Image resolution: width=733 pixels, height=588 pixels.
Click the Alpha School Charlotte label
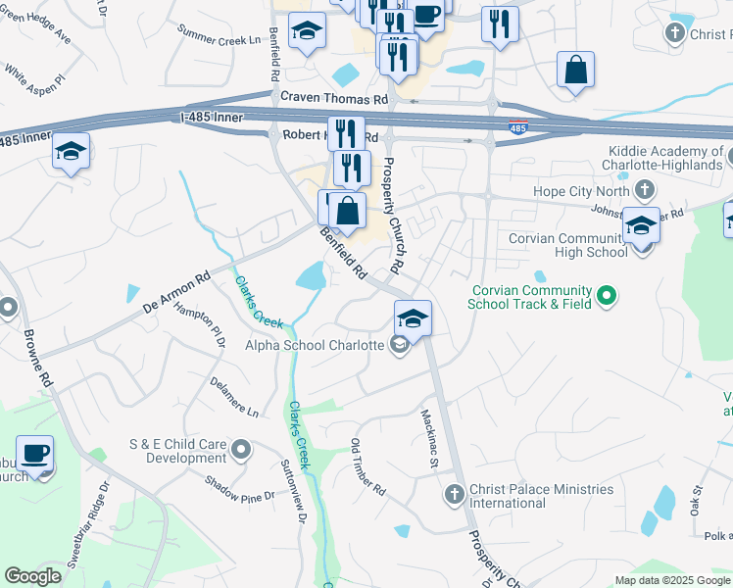click(x=314, y=345)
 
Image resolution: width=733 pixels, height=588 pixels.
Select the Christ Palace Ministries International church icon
click(x=454, y=495)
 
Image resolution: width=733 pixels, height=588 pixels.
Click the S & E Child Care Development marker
click(x=242, y=450)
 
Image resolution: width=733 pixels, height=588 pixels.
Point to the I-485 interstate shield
click(x=517, y=128)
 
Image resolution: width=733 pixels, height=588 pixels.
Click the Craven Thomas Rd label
click(x=334, y=99)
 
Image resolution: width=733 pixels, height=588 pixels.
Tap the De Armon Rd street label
click(x=177, y=291)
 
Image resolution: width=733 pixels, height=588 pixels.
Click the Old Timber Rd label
click(x=368, y=462)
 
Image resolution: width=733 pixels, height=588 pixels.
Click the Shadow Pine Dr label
click(x=240, y=489)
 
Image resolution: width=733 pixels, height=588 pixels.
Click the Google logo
click(x=33, y=576)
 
